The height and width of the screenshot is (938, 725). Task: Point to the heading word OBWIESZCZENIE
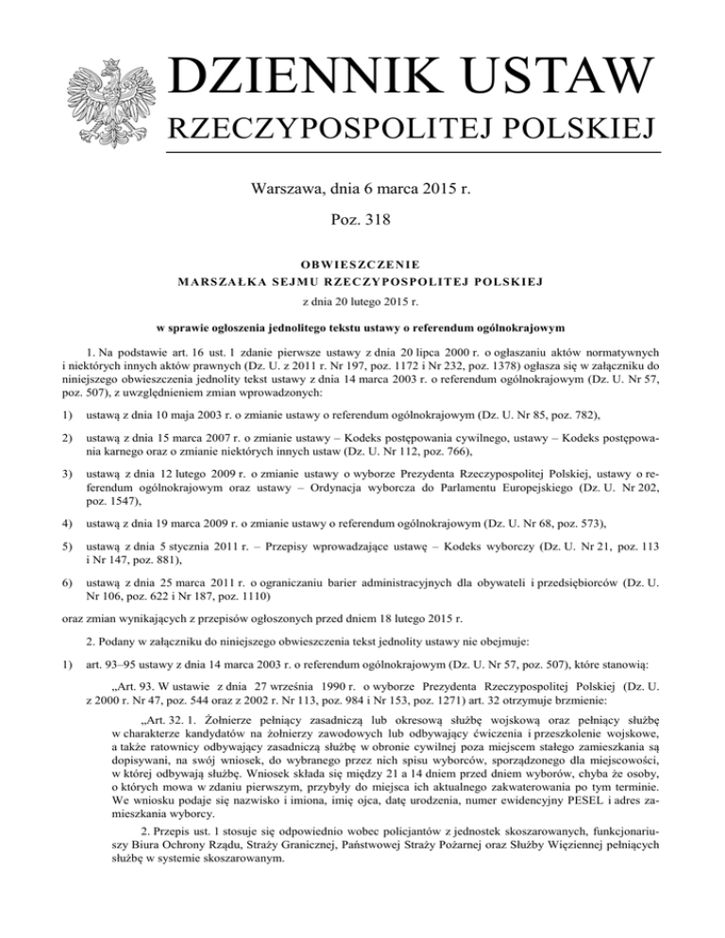(x=362, y=264)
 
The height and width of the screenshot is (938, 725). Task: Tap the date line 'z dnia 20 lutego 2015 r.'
(x=362, y=302)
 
